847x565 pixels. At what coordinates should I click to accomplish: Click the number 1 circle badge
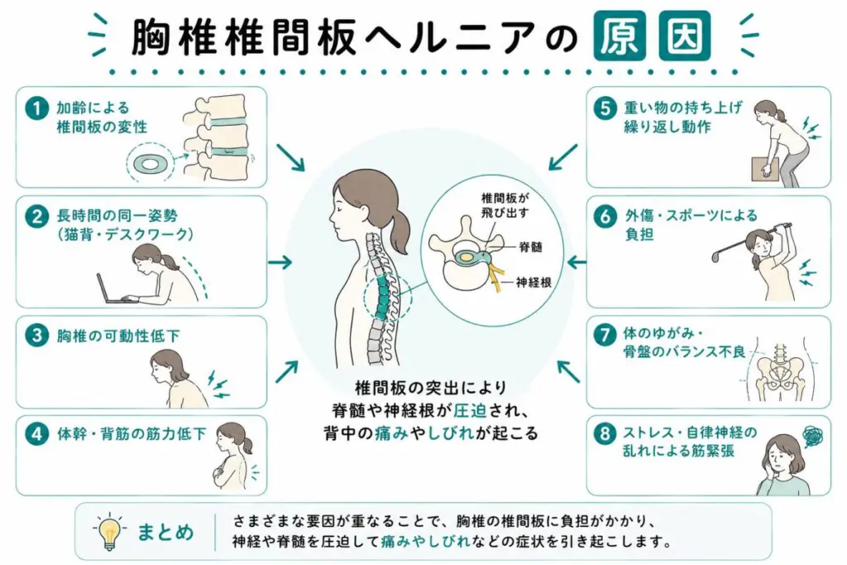coord(36,108)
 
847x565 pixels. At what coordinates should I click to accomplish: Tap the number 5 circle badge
coord(605,108)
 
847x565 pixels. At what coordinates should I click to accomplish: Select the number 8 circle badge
coord(605,433)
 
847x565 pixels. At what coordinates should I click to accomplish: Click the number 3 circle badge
coord(36,335)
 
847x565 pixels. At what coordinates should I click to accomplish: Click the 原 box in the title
coord(620,36)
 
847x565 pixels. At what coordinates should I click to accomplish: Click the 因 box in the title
coord(684,36)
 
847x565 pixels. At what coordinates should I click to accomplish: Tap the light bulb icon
coord(110,532)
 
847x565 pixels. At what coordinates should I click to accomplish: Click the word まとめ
coord(165,533)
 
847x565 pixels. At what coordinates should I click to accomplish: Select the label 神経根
coord(534,282)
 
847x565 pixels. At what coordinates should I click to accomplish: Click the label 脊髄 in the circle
coord(530,247)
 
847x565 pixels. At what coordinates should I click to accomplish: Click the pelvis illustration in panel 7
coord(778,374)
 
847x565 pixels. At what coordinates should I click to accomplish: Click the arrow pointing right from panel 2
coord(280,262)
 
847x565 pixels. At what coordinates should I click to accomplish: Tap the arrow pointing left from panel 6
coord(577,262)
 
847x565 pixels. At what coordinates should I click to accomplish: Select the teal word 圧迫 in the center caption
coord(470,410)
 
